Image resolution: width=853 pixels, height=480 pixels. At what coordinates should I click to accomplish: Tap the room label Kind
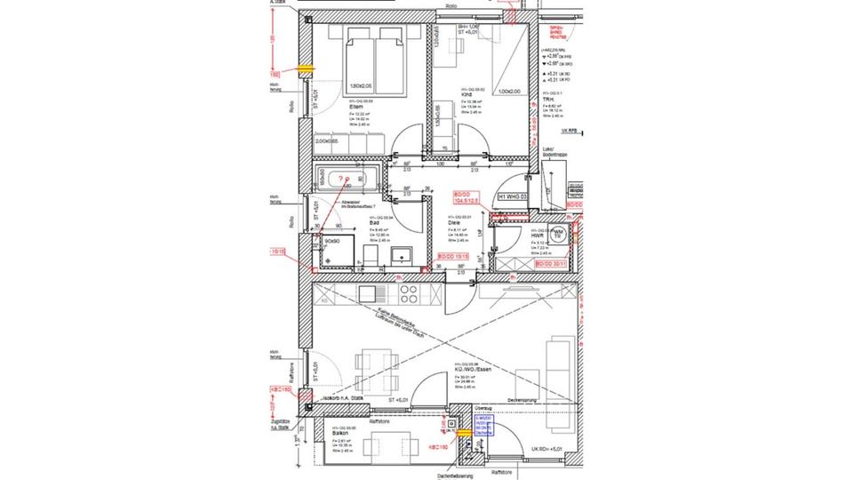tap(466, 95)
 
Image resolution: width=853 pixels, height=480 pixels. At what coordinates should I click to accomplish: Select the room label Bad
tap(374, 223)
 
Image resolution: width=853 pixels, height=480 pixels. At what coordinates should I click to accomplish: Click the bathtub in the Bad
tap(347, 181)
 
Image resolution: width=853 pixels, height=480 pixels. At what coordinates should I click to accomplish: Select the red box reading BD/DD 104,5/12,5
tap(466, 197)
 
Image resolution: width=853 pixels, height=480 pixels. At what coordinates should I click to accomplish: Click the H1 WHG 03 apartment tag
tap(514, 196)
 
